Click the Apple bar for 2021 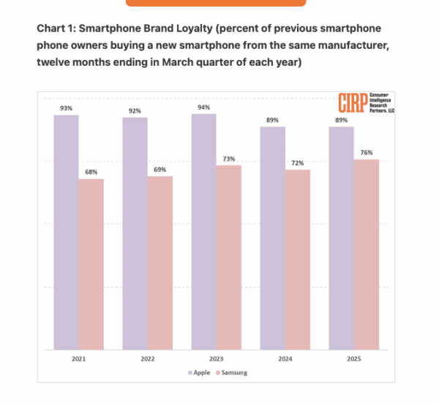(66, 232)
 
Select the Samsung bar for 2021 (91, 264)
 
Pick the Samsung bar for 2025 (367, 254)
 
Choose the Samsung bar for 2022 (160, 262)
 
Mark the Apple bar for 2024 (273, 238)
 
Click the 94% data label (204, 107)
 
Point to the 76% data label (367, 153)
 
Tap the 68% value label (91, 172)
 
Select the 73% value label (229, 159)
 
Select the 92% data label (135, 110)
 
